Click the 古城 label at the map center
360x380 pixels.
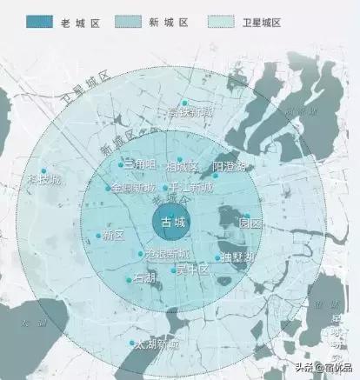point(174,223)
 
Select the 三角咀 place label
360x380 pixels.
point(139,164)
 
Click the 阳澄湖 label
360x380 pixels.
point(230,166)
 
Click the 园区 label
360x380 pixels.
point(250,223)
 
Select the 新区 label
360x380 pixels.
point(113,236)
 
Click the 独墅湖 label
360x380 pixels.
point(237,258)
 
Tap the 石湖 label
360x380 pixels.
point(144,279)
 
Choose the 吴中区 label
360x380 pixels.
point(192,270)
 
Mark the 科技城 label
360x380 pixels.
point(43,179)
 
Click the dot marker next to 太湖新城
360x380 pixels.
point(131,342)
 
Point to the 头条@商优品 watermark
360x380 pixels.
point(323,367)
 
